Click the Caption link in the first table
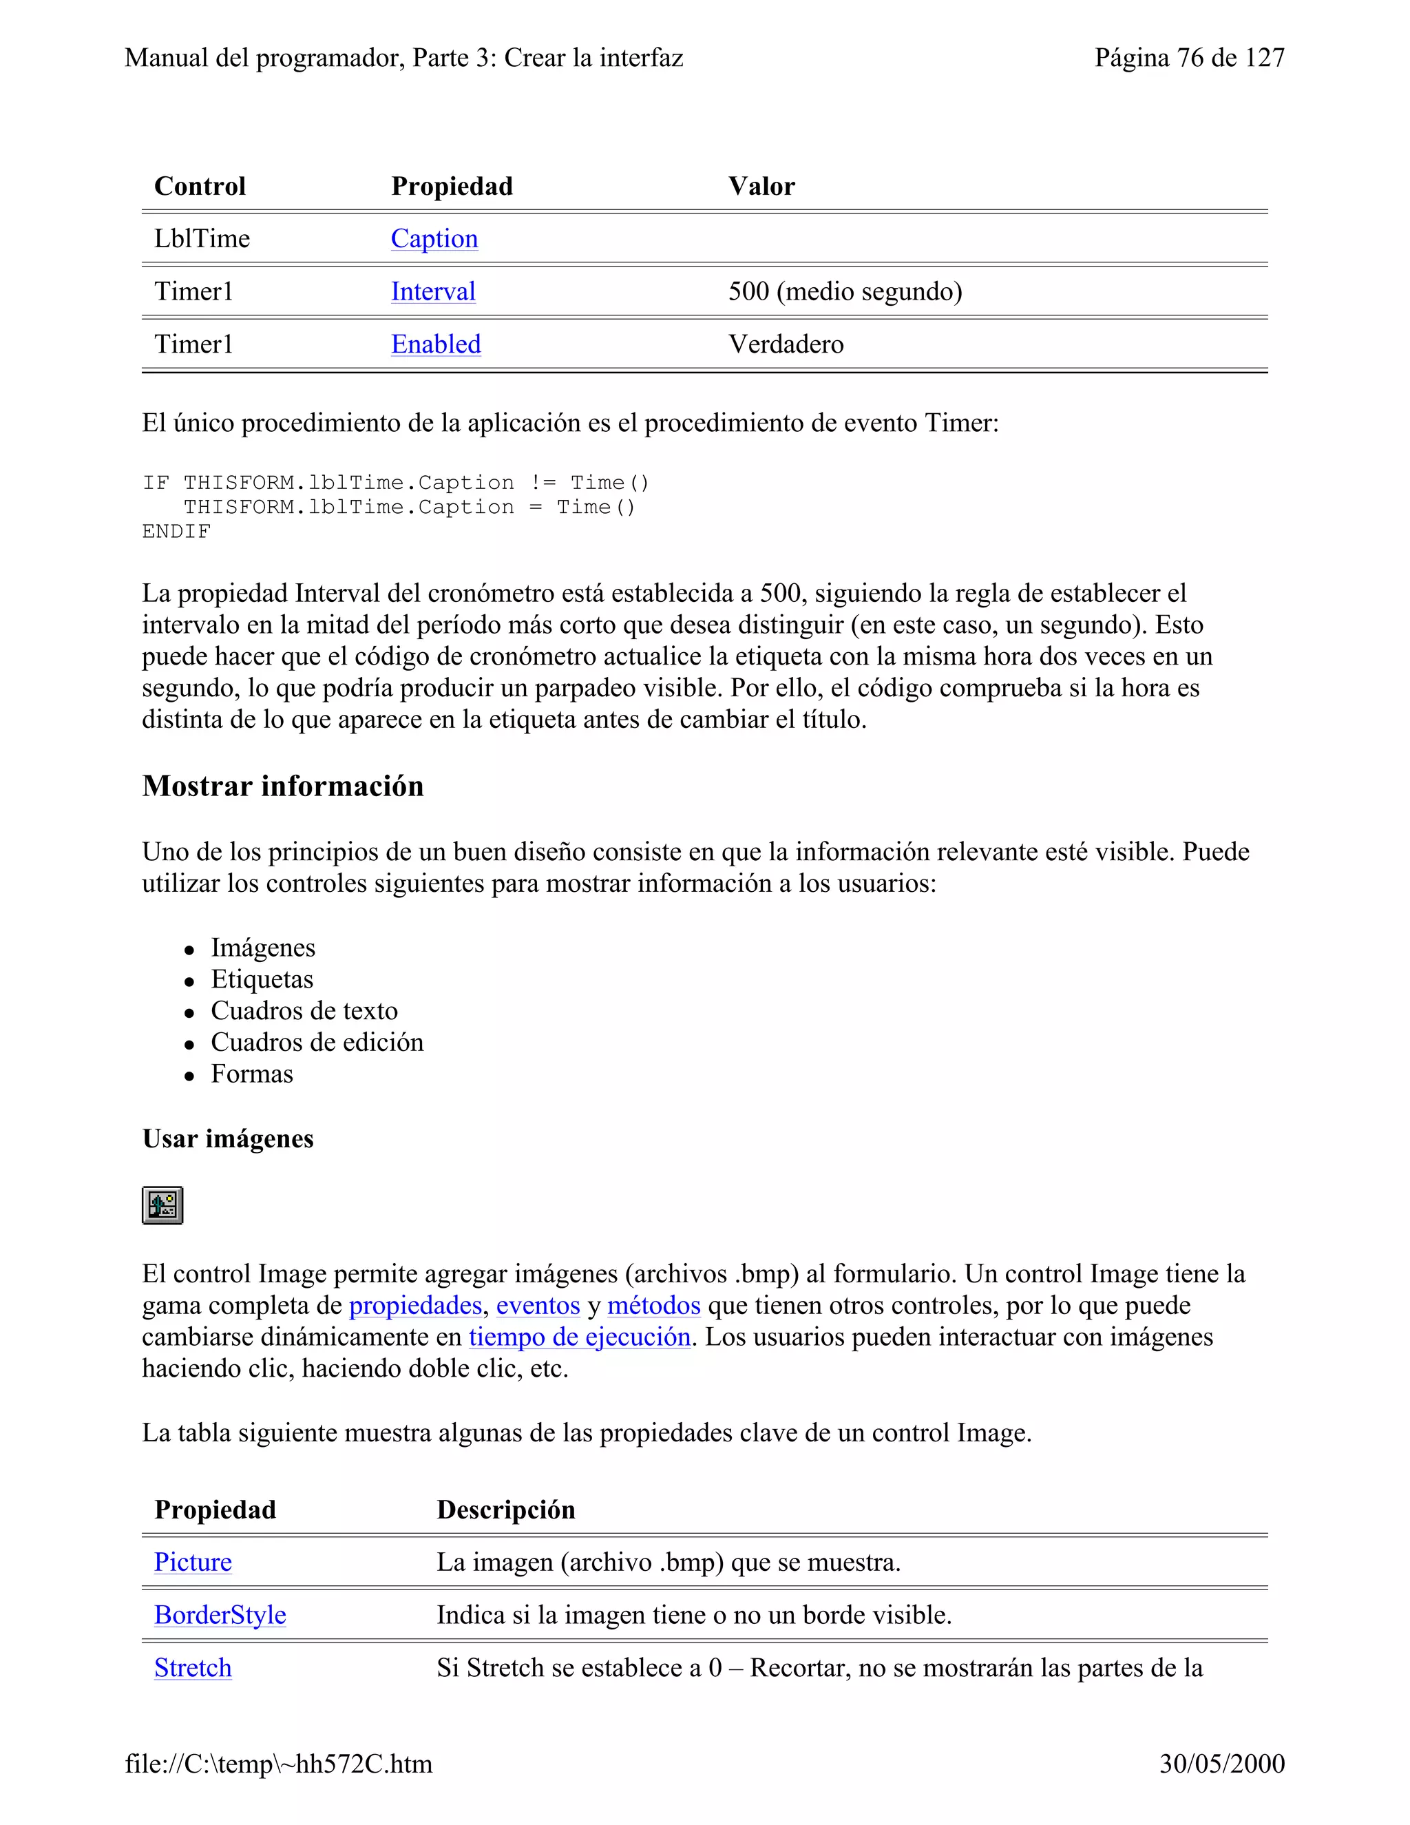[x=434, y=239]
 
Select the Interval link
[x=432, y=291]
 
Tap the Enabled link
[x=435, y=344]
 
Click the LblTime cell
[x=202, y=239]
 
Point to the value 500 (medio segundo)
[x=845, y=291]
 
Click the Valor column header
[x=761, y=187]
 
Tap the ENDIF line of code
[x=176, y=532]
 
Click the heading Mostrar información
[x=282, y=786]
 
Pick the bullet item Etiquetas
[x=262, y=979]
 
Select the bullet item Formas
[x=251, y=1074]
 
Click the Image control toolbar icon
[x=162, y=1205]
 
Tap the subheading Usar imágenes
[x=227, y=1139]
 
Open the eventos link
[x=538, y=1305]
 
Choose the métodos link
[x=653, y=1305]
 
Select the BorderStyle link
[x=220, y=1614]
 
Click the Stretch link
[x=192, y=1667]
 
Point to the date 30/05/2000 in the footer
[x=1221, y=1763]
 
